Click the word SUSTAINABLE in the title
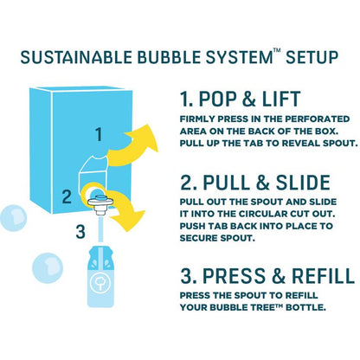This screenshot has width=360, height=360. (x=76, y=57)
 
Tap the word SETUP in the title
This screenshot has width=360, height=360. (x=312, y=57)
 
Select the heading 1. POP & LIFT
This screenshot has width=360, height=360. (x=240, y=99)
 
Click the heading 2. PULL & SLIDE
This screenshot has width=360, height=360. (x=255, y=183)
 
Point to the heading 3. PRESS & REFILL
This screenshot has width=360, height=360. (x=267, y=275)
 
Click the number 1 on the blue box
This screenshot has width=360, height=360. (x=99, y=134)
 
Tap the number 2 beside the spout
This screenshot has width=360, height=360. (x=67, y=196)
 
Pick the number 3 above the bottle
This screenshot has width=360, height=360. (x=80, y=232)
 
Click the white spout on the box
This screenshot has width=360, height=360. (x=100, y=204)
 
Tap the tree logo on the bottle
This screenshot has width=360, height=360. (x=100, y=283)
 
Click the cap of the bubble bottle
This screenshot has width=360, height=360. (x=100, y=254)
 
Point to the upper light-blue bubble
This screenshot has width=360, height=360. (x=13, y=218)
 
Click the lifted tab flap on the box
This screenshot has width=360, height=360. (x=93, y=166)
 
